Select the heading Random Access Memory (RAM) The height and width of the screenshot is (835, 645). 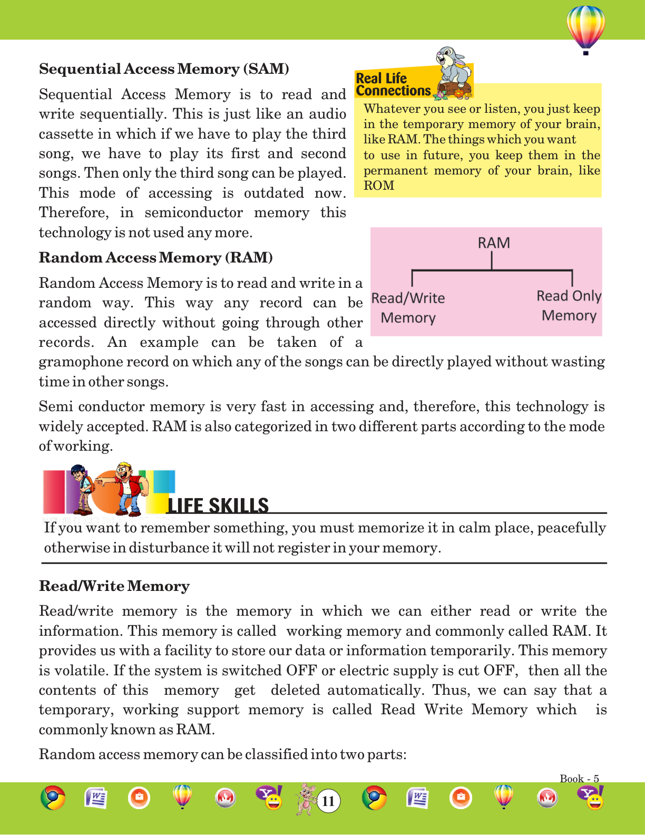(156, 258)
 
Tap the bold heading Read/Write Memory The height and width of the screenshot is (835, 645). (114, 586)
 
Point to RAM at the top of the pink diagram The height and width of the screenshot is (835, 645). (494, 243)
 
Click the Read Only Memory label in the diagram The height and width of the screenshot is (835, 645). (569, 306)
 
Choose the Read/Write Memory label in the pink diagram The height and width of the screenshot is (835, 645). (408, 308)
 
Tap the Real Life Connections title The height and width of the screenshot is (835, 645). (393, 85)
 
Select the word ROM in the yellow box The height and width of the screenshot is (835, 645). (379, 186)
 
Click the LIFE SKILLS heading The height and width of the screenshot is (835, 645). (218, 506)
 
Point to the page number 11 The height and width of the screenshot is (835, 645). (328, 801)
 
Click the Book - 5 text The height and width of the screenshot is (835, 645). (579, 779)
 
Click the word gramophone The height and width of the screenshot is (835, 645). (74, 362)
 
